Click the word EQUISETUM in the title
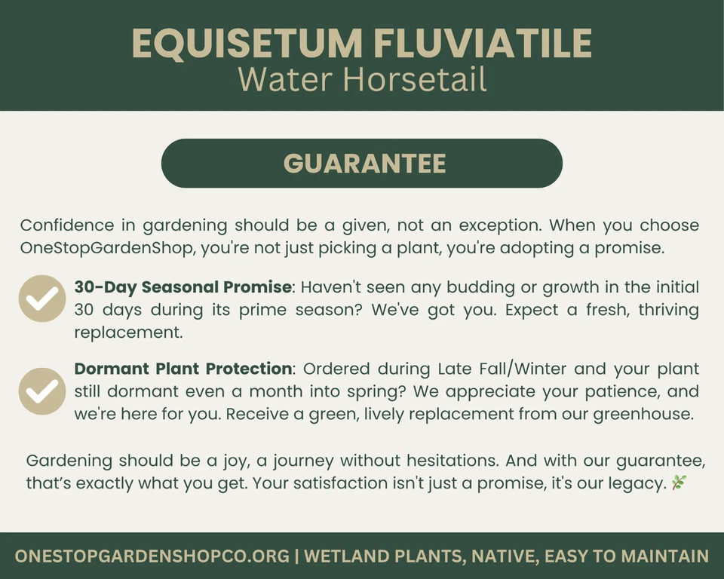[x=247, y=44]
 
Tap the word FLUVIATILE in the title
[x=483, y=44]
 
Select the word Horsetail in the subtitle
[x=415, y=79]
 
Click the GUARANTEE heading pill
[x=362, y=163]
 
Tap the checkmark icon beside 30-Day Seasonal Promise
[x=42, y=299]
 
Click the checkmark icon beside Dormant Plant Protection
[x=42, y=391]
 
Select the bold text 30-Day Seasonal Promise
[x=183, y=287]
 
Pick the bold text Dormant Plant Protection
[x=183, y=369]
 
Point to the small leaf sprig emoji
[x=679, y=482]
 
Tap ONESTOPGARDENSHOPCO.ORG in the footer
[x=152, y=556]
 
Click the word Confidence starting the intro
[x=67, y=225]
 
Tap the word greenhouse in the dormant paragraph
[x=643, y=414]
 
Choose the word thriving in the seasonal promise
[x=669, y=310]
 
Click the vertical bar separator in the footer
[x=297, y=556]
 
